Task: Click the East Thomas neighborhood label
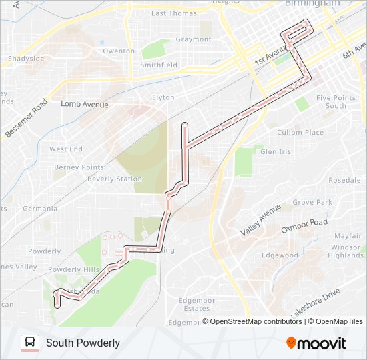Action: pos(174,13)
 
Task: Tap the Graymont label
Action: pos(194,39)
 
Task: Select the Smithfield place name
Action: pos(159,65)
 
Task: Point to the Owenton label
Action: pos(119,51)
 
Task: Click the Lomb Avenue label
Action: pos(84,104)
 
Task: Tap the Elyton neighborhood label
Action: pos(163,97)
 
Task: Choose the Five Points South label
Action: pos(332,102)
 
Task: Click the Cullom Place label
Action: pos(300,133)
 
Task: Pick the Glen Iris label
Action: pos(276,152)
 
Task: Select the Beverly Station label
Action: pos(115,179)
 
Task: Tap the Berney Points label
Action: pos(79,167)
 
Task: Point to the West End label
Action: pos(66,149)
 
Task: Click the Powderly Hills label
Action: pos(73,269)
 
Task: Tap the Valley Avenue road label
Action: pos(261,221)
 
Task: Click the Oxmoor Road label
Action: pos(304,226)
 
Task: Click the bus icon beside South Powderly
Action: pos(29,343)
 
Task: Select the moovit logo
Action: pos(316,343)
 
